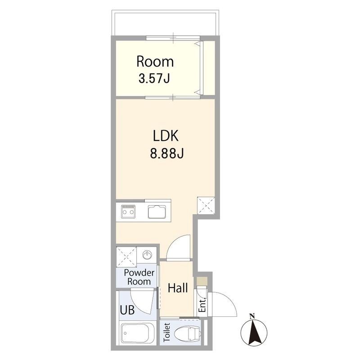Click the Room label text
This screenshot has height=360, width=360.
[155, 62]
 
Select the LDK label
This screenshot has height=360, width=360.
[166, 136]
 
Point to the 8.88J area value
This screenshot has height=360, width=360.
[167, 153]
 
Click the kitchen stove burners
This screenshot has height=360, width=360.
[128, 211]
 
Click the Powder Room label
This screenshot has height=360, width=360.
[139, 277]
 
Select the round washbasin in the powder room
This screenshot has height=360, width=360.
[147, 254]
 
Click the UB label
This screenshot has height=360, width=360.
[127, 310]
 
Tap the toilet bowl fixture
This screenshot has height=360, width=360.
[188, 333]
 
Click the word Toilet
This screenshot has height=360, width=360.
[167, 332]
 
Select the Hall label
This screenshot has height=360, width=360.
[178, 288]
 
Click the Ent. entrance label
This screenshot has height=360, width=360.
[202, 306]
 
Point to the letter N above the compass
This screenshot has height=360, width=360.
[252, 316]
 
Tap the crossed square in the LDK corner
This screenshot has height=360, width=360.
[206, 206]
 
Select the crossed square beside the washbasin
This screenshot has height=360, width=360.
[126, 257]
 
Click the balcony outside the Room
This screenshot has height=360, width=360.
[165, 23]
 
